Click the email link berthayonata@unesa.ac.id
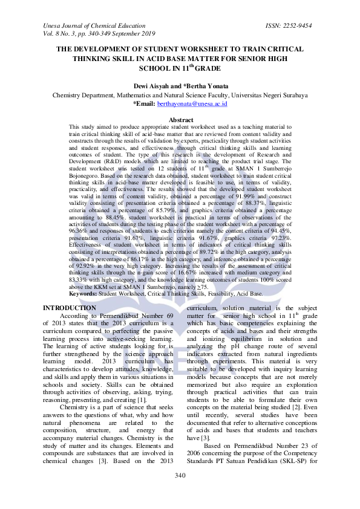(192, 104)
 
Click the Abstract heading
(180, 120)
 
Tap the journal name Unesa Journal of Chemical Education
(94, 27)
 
